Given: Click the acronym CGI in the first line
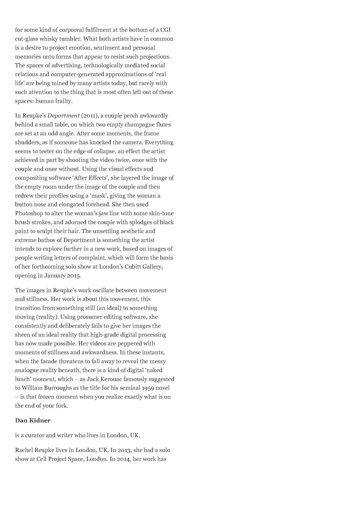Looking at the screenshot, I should pos(166,30).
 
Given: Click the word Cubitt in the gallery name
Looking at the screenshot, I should pos(129,267).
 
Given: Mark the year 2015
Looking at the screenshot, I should pos(74,275).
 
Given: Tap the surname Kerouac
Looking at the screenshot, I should pos(112,379).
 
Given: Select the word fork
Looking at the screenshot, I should pos(62,405).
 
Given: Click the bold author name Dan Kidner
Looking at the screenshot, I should pos(33,420).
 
